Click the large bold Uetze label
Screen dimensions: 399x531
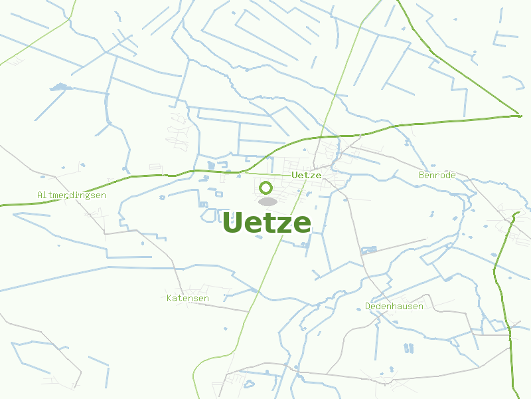tap(267, 223)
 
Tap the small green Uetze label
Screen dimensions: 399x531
tap(307, 175)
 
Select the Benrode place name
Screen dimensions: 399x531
tap(437, 175)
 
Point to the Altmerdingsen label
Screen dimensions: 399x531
tap(72, 196)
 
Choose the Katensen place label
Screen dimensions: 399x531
tap(188, 299)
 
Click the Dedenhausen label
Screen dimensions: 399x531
tap(394, 307)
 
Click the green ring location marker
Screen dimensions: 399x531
tap(266, 188)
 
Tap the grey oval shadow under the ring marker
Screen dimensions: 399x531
tap(267, 201)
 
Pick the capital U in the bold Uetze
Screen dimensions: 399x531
tap(234, 223)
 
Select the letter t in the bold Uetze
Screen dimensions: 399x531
tap(265, 223)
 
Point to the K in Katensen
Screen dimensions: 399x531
tap(169, 299)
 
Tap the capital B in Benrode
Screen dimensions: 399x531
tap(421, 175)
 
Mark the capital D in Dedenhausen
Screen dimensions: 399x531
tap(368, 307)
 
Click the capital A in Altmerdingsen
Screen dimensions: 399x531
tap(40, 196)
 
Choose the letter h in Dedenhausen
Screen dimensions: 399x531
tap(394, 307)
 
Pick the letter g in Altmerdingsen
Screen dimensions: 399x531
tap(87, 196)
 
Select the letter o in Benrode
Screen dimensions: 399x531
tap(443, 176)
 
